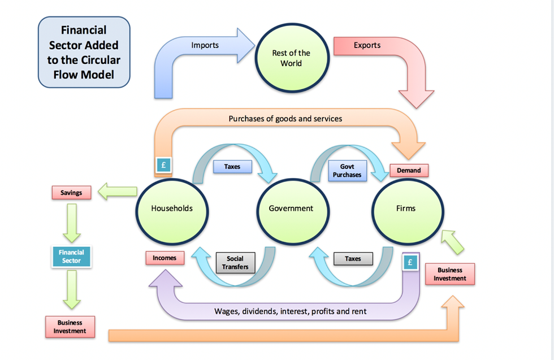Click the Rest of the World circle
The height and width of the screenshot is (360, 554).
291,59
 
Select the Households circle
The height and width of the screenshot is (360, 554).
172,209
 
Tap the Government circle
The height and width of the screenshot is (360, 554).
291,209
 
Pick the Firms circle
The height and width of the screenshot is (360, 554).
406,209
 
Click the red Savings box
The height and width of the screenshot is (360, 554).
71,193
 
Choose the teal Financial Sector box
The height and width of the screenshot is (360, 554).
71,257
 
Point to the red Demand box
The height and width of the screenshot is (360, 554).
409,170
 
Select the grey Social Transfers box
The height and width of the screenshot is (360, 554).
235,263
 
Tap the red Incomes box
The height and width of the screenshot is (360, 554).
165,258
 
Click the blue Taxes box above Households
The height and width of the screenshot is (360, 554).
232,167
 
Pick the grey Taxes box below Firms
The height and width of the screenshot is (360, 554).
353,259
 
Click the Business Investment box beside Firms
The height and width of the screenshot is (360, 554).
450,274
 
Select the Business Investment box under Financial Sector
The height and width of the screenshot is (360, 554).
70,327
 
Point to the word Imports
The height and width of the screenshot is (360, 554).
205,45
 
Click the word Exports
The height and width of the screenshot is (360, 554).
367,45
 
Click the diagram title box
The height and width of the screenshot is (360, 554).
84,52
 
